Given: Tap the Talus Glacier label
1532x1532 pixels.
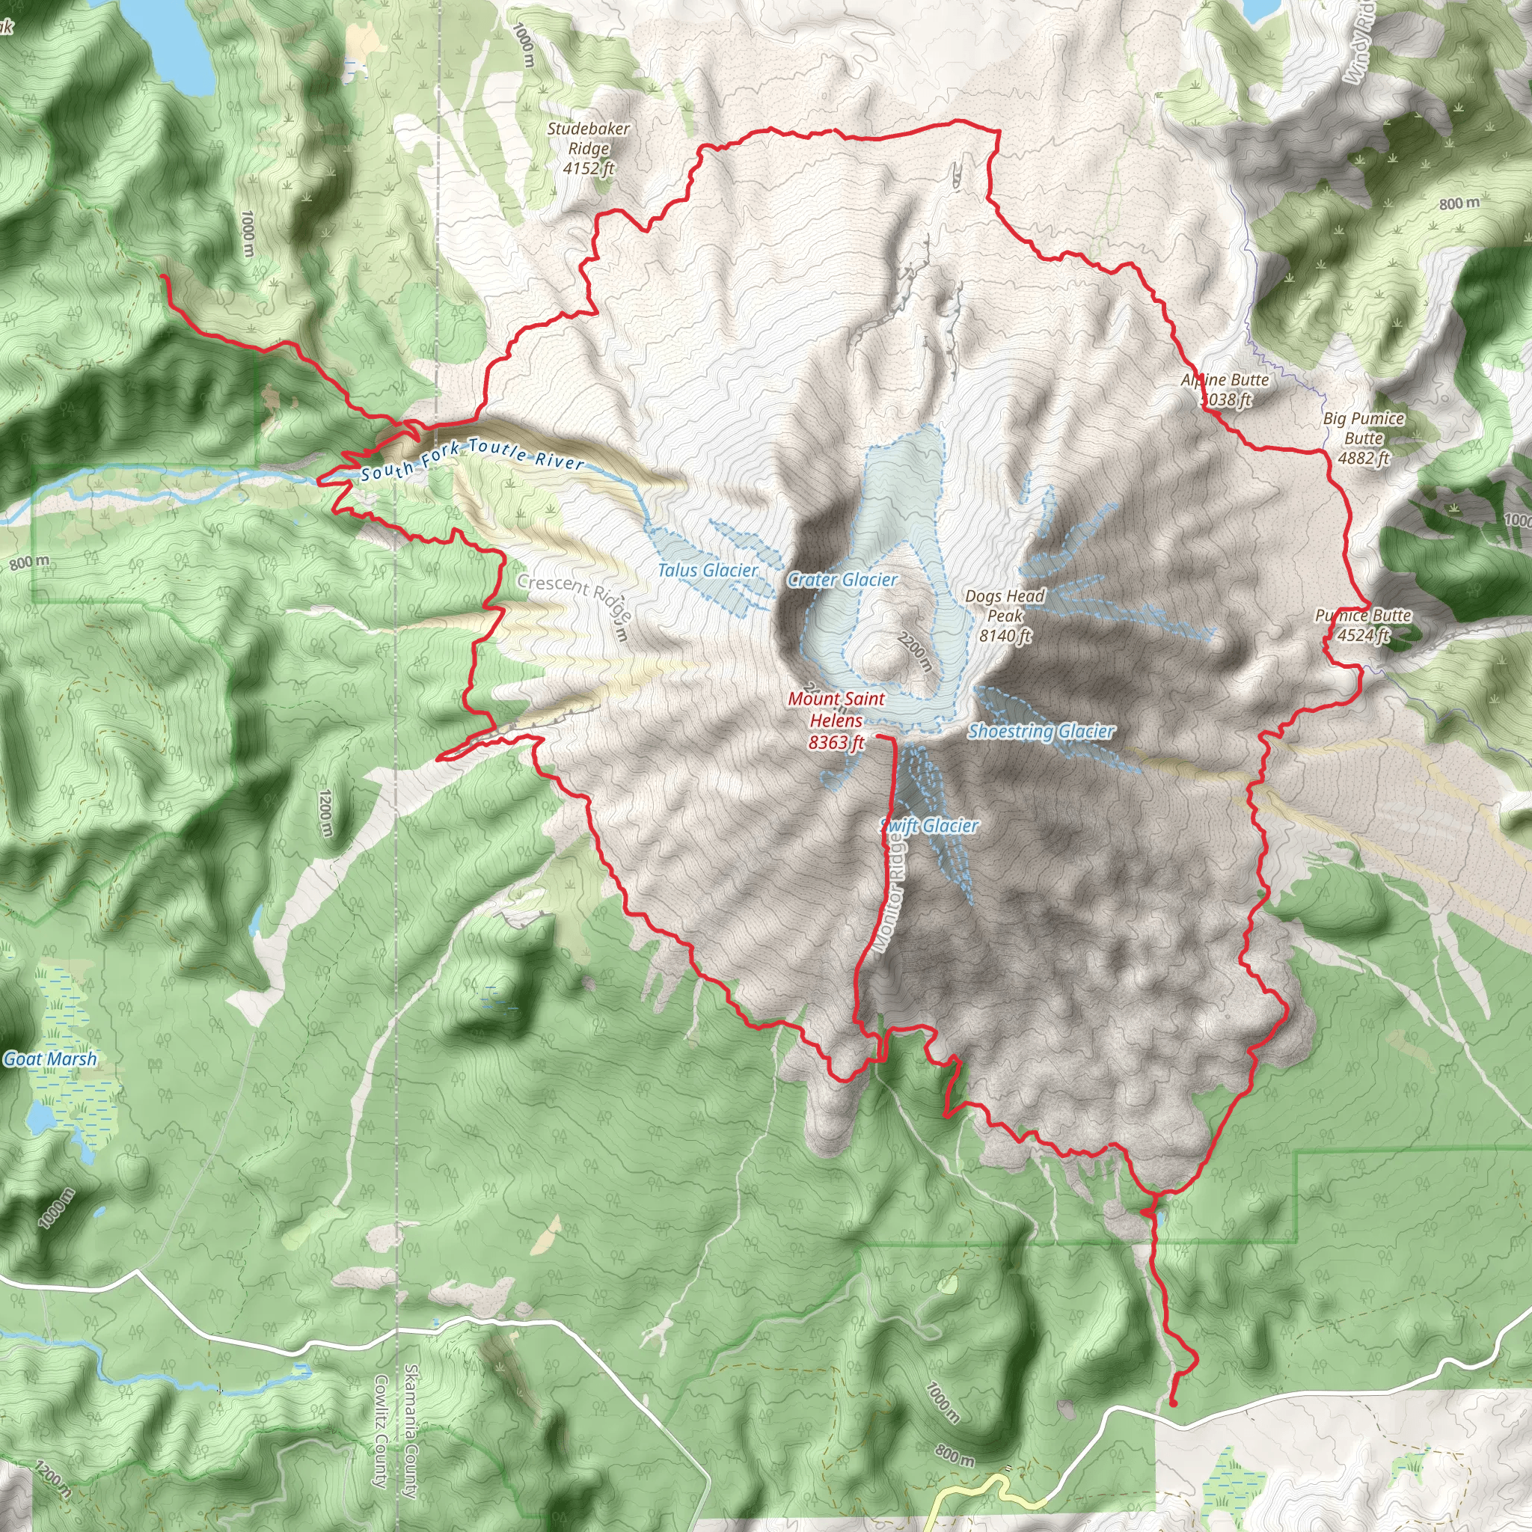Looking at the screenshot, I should click(x=708, y=570).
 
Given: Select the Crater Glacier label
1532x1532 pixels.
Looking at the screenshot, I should click(x=842, y=580).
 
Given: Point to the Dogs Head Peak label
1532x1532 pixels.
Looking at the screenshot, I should click(x=1005, y=615).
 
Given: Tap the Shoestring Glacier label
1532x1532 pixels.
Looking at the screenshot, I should click(x=1041, y=731).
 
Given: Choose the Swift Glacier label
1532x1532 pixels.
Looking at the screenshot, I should click(x=930, y=826).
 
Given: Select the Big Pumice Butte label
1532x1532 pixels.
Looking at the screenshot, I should click(x=1363, y=438).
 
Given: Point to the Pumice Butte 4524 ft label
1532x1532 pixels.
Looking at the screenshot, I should click(x=1363, y=625).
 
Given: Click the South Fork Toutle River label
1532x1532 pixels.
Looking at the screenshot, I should click(x=473, y=459).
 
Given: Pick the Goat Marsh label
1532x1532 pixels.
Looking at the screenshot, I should click(x=50, y=1058).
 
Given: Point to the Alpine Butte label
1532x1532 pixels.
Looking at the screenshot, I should click(x=1225, y=381).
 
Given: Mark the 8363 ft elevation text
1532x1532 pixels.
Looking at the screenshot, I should click(x=836, y=742).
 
